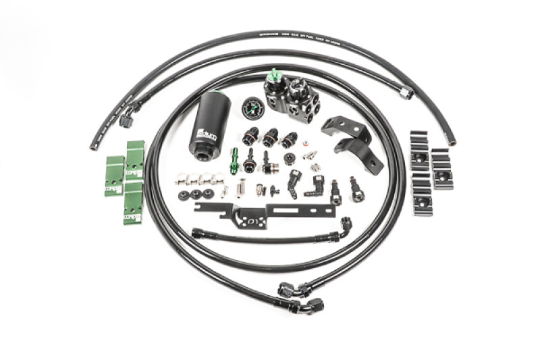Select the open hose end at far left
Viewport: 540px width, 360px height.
point(92,147)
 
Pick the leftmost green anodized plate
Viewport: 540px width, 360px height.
point(113,176)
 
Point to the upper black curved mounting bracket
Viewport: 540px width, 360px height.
point(340,126)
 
